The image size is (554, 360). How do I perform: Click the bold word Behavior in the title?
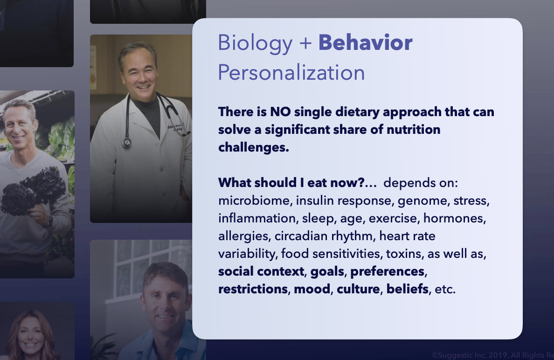tap(365, 43)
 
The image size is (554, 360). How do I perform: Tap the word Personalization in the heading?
tap(291, 73)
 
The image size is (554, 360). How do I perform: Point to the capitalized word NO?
tap(280, 112)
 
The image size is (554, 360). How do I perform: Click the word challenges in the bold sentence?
tap(253, 147)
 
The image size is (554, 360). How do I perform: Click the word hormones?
tap(454, 218)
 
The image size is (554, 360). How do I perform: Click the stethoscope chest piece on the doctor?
tap(126, 143)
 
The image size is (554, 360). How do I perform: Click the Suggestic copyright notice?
tap(492, 355)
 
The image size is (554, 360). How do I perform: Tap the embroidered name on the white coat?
tap(176, 127)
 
